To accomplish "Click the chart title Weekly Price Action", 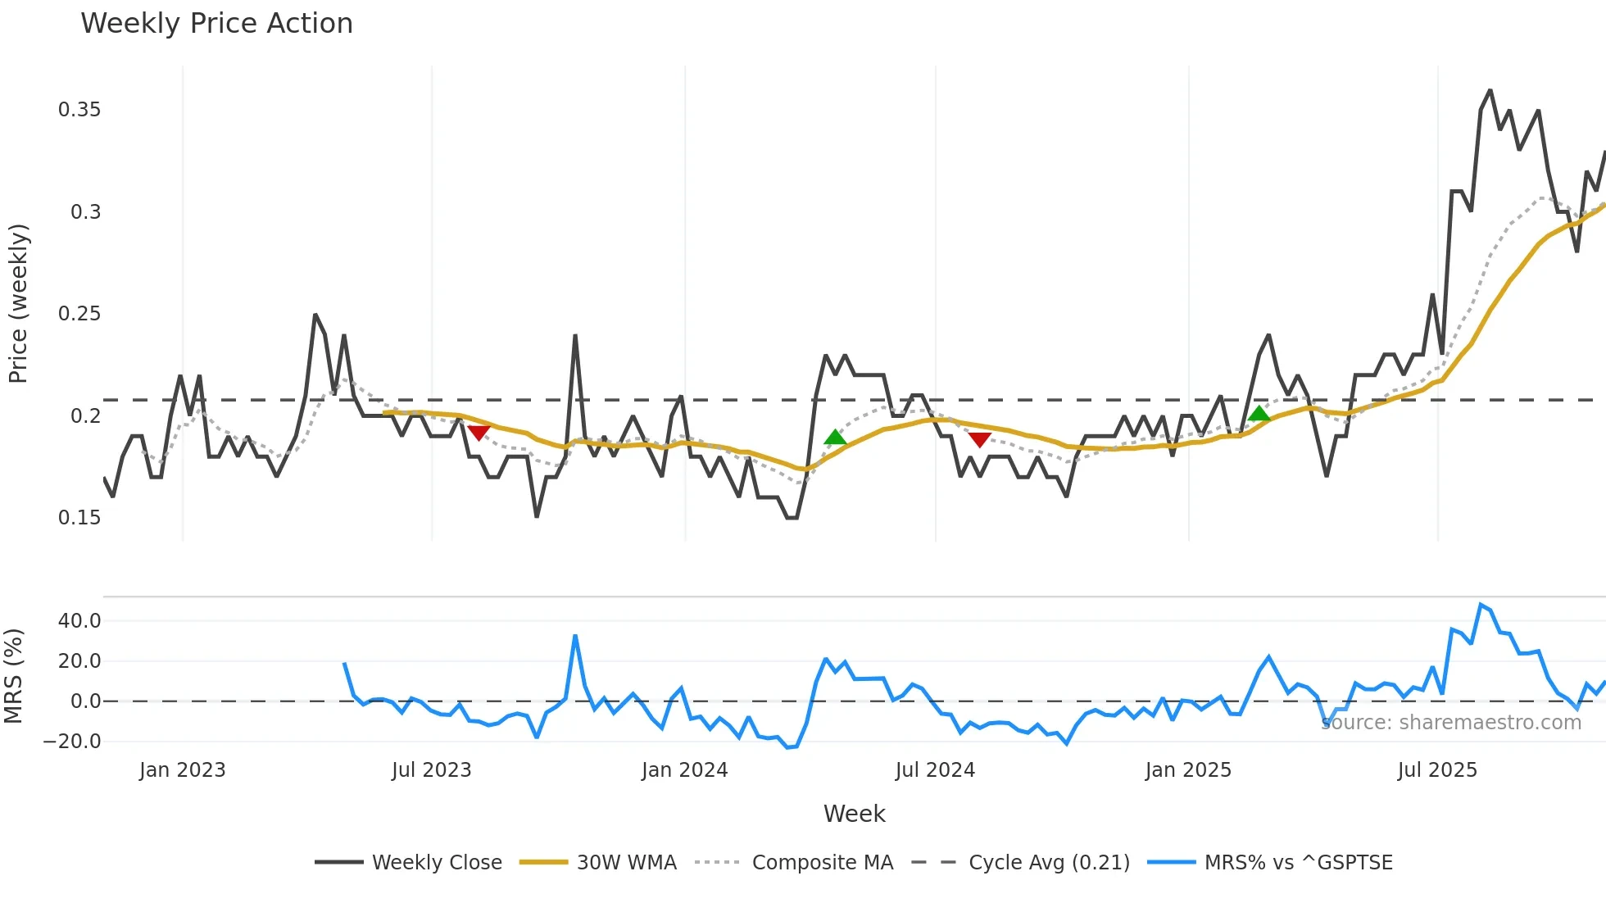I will click(x=216, y=24).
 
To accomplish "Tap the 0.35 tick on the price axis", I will click(x=79, y=110).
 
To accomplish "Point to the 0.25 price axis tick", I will click(x=79, y=314).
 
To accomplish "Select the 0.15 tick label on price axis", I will click(x=79, y=518).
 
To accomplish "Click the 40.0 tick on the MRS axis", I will click(x=79, y=621).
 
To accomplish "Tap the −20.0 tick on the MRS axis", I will click(x=72, y=742).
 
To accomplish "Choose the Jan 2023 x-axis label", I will click(x=182, y=770).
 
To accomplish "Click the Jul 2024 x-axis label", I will click(x=935, y=770).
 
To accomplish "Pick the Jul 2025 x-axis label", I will click(x=1437, y=770).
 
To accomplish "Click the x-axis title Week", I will click(x=854, y=814).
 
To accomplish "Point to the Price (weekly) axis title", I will click(x=18, y=303).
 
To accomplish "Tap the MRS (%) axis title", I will click(x=13, y=676).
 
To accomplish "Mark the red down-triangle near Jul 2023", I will click(x=479, y=432).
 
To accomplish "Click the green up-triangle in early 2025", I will click(x=1259, y=414).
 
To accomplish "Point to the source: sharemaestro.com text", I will click(x=1451, y=723).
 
